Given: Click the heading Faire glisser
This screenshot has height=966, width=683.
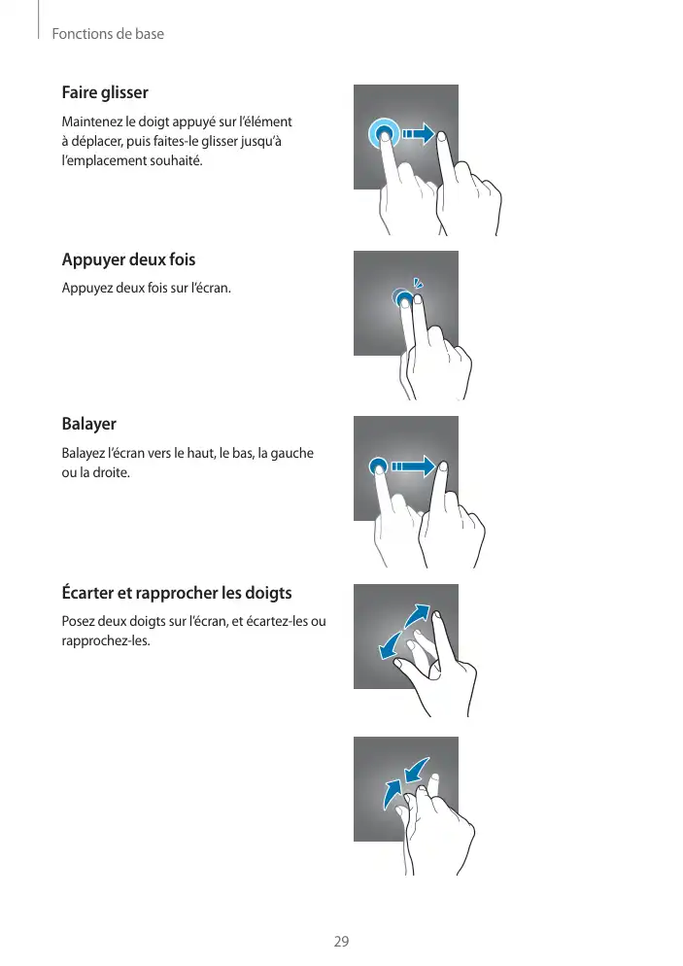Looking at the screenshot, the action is (105, 92).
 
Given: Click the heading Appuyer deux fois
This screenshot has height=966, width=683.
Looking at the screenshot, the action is (128, 259).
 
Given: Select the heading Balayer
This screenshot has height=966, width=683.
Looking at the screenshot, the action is (88, 424).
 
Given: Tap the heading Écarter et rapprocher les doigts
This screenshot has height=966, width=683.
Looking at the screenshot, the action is (177, 593).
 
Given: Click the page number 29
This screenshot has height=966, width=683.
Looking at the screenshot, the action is (341, 942).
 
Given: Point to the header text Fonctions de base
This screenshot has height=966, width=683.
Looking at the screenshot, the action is (108, 34).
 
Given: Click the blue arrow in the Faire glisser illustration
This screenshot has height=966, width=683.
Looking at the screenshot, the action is (419, 134).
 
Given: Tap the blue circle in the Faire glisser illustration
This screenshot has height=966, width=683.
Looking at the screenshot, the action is (383, 134).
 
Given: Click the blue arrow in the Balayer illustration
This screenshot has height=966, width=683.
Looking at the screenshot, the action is (413, 466).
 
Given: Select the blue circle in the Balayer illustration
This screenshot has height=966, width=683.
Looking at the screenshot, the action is (378, 466).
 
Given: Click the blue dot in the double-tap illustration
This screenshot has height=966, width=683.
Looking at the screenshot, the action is (403, 298).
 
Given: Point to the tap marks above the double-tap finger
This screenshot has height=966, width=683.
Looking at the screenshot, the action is (418, 284).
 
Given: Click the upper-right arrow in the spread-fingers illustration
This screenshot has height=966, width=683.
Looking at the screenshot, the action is (418, 615).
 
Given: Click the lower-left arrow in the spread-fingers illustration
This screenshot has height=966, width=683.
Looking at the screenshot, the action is (389, 645).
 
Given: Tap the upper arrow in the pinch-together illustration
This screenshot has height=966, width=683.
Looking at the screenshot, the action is (417, 770).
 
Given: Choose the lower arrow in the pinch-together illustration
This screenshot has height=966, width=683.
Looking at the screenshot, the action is (392, 794).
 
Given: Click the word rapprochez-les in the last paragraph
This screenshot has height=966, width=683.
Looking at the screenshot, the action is (105, 640).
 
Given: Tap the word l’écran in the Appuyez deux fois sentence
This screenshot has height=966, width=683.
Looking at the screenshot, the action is (211, 288).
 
